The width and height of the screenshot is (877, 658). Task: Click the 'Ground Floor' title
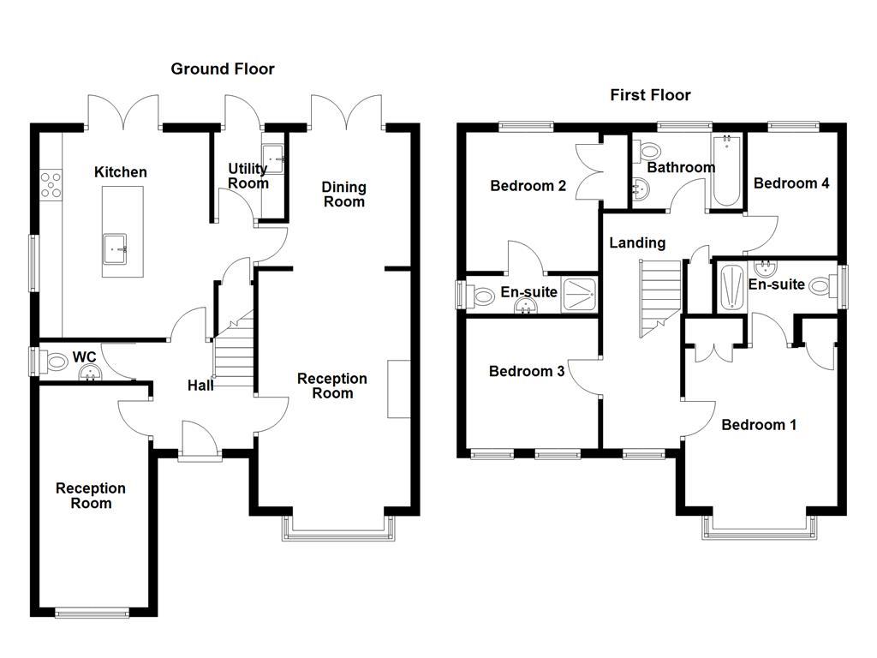pos(223,69)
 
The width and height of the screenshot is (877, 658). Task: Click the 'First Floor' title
pos(650,95)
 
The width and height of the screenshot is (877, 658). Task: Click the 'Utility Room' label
pos(248,176)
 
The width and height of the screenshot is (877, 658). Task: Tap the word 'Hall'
pos(200,386)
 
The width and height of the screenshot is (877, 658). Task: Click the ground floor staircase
pos(233,356)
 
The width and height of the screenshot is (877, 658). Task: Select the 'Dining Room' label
pos(343,194)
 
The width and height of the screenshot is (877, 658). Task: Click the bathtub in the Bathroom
pos(726,171)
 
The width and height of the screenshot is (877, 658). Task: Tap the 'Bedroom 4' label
pos(791,183)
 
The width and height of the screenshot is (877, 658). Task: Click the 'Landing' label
pos(637,243)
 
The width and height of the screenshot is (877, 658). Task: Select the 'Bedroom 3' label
pos(526,371)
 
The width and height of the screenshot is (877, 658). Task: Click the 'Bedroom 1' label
pos(759,425)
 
